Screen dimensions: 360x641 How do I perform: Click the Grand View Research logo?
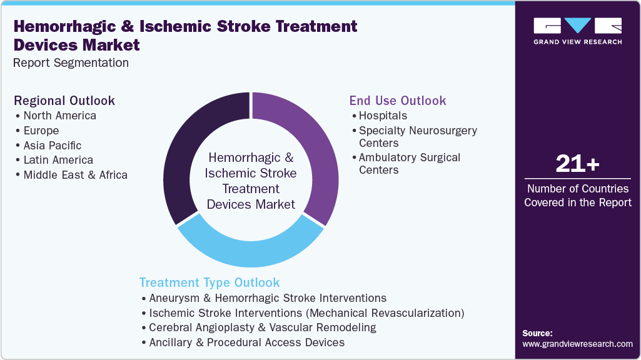pos(577,31)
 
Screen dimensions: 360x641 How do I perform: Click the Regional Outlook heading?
pos(64,101)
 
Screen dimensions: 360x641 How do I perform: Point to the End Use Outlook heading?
pos(398,101)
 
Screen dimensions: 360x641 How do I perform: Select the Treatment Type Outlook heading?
pos(209,282)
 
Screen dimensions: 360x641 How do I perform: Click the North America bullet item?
pos(59,116)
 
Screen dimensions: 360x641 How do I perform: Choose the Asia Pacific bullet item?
pos(53,146)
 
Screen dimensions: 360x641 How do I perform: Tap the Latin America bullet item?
pos(58,160)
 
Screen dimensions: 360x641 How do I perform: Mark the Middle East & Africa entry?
pos(75,175)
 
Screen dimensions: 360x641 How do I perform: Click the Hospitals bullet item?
pos(383,116)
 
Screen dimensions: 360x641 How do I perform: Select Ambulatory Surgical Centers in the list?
pos(409,164)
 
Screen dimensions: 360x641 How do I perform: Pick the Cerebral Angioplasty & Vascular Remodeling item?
pos(262,327)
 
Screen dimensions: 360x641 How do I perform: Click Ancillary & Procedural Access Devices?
pos(246,342)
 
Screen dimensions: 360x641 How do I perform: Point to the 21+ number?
pos(577,165)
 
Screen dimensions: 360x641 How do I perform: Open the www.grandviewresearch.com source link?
pos(577,344)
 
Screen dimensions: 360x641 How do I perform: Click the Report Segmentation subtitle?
pos(71,62)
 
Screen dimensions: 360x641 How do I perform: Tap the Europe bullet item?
pos(41,131)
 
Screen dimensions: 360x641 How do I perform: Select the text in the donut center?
pos(251,181)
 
